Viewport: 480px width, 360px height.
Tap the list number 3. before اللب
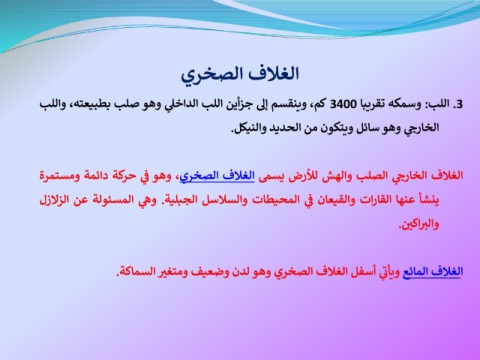click(x=458, y=105)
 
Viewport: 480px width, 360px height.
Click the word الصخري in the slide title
click(x=205, y=75)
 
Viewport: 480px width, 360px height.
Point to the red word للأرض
click(x=302, y=176)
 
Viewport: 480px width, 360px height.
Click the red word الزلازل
click(x=55, y=200)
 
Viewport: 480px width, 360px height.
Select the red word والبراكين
click(x=419, y=224)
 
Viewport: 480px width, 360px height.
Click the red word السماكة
click(x=135, y=272)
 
